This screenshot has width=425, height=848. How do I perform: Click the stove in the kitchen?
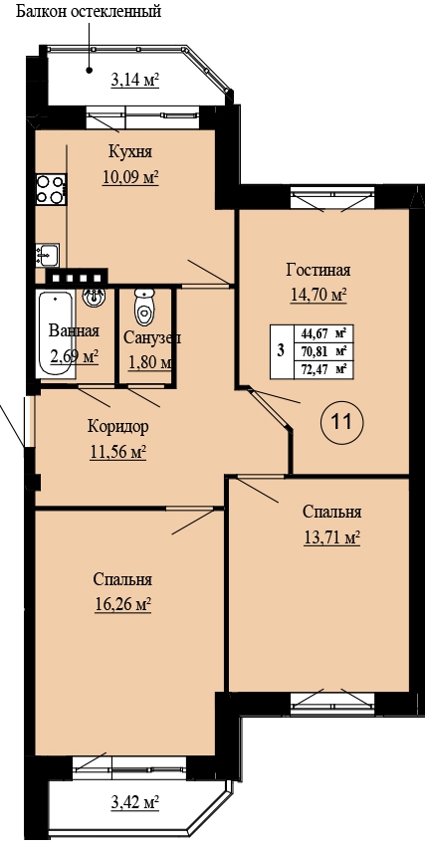51,189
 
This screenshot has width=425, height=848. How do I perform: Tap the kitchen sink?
48,255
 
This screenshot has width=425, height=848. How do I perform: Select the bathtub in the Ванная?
55,333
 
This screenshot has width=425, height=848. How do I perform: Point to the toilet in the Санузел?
144,307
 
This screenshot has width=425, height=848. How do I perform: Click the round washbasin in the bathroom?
95,297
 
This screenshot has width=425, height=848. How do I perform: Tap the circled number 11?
341,421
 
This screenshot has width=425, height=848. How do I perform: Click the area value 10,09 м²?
130,177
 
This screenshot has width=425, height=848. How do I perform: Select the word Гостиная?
319,270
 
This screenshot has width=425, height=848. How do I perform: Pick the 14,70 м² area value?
319,295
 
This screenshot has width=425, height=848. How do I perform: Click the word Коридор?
117,427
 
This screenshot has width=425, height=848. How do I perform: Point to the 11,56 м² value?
118,452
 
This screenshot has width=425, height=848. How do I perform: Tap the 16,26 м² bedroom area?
122,603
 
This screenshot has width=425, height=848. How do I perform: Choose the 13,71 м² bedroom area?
331,537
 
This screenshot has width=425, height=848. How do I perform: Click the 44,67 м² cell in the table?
320,333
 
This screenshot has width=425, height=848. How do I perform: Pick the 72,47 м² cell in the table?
320,370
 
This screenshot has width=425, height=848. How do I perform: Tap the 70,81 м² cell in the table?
320,352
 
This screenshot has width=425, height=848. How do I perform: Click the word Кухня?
129,152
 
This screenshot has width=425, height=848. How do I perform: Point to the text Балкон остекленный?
89,11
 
